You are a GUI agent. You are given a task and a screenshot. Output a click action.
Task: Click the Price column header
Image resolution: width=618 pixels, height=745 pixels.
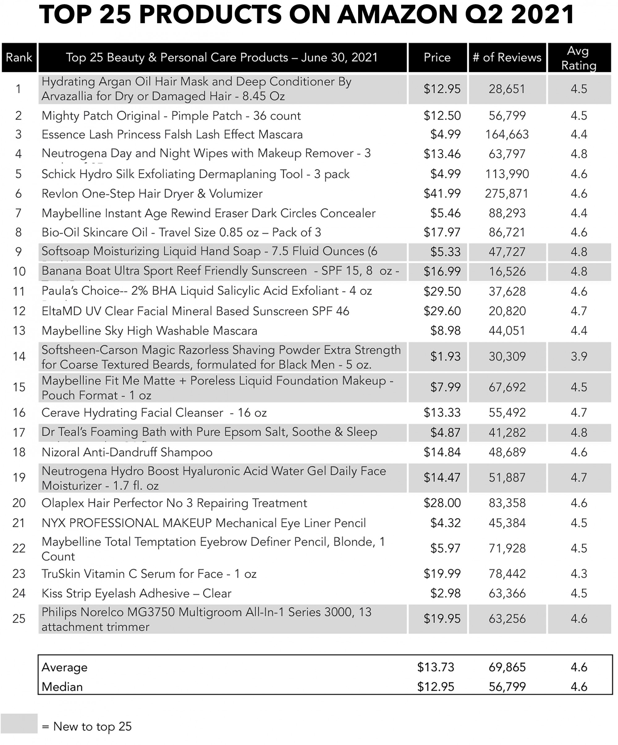click(x=437, y=57)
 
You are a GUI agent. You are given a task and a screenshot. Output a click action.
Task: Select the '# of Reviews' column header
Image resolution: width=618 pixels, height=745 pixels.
click(x=507, y=57)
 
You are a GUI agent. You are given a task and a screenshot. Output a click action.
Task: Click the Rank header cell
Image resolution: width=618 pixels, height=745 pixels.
click(x=19, y=57)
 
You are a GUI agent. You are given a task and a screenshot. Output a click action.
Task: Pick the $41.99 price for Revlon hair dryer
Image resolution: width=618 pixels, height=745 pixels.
click(x=442, y=194)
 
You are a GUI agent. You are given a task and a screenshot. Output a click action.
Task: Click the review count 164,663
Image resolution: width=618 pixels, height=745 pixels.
click(x=507, y=135)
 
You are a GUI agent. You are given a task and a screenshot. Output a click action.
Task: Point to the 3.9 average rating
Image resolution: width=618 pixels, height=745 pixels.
click(x=578, y=356)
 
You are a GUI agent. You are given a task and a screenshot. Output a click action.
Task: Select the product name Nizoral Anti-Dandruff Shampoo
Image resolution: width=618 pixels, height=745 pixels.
click(x=127, y=452)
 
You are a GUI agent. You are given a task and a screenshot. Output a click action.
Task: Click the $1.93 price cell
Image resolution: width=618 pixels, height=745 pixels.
click(x=445, y=356)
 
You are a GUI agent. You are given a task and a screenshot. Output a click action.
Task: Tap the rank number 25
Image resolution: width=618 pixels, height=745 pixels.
click(x=19, y=619)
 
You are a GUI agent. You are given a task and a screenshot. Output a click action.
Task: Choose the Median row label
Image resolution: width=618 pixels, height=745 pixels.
click(x=62, y=687)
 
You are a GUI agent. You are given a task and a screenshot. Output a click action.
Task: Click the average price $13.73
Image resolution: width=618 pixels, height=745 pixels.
click(x=435, y=667)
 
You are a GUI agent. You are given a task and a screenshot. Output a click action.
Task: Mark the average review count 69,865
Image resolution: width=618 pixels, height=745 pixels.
click(x=507, y=667)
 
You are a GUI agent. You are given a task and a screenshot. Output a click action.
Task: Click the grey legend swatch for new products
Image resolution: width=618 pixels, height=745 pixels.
click(x=19, y=723)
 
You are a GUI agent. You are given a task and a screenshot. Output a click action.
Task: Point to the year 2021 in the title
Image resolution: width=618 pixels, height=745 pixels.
click(x=544, y=15)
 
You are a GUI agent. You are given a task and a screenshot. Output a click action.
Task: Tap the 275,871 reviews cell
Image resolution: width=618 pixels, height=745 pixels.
click(x=507, y=194)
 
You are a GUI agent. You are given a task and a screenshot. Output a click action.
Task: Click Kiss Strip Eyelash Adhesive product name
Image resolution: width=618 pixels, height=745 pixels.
click(x=136, y=593)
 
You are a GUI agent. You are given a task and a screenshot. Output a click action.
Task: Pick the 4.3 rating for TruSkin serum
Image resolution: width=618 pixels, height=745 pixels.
click(x=578, y=574)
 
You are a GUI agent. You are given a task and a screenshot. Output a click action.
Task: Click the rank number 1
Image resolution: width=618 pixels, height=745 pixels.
click(x=19, y=89)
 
